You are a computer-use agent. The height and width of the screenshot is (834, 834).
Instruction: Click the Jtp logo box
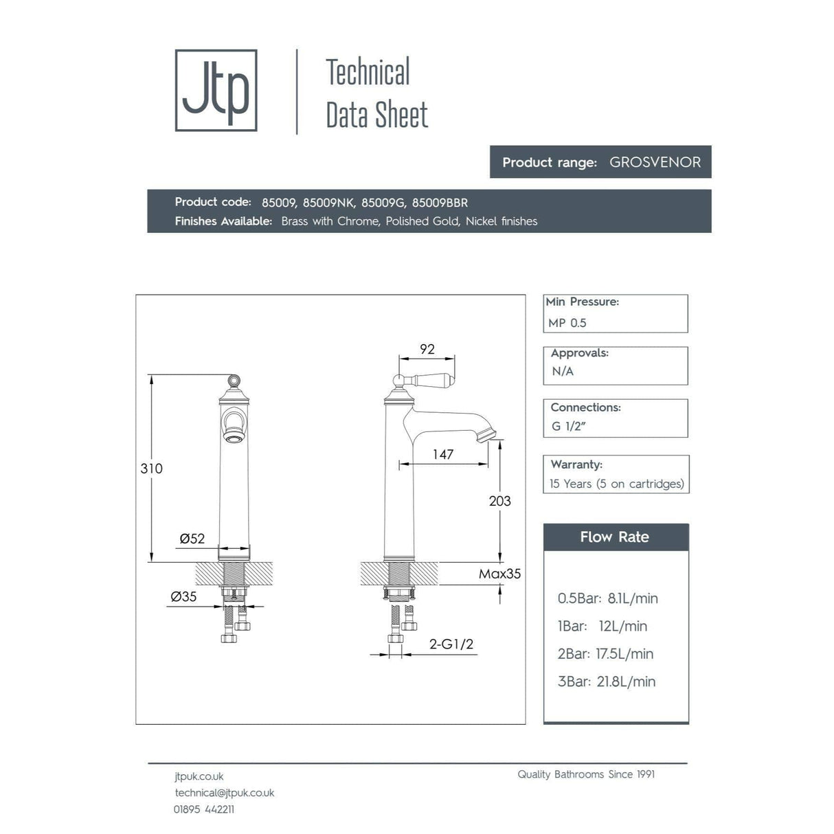click(216, 90)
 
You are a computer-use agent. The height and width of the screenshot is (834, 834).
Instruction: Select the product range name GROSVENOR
click(655, 163)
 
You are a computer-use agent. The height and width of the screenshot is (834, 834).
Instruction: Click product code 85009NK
click(328, 203)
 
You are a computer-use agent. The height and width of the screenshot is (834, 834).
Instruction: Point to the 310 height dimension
click(151, 469)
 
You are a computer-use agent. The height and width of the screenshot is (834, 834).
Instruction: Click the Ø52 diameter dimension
click(192, 539)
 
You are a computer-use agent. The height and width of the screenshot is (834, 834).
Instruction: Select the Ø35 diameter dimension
click(183, 596)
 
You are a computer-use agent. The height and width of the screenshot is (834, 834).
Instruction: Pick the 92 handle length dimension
click(427, 349)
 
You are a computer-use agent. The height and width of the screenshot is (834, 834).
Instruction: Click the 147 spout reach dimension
click(443, 454)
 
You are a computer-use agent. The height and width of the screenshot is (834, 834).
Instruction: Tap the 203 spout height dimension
click(499, 501)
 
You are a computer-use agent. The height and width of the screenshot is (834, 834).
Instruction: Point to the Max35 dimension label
click(499, 574)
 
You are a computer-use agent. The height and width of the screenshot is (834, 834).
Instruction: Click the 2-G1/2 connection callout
click(451, 644)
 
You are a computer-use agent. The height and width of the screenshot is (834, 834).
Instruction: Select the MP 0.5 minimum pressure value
click(567, 323)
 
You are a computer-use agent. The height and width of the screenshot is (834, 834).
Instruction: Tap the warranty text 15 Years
click(569, 484)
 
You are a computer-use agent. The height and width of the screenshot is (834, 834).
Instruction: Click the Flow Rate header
click(615, 537)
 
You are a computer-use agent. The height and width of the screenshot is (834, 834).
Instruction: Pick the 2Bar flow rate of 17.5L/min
click(624, 654)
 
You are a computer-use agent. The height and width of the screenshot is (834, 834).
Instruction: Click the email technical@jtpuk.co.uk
click(225, 793)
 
